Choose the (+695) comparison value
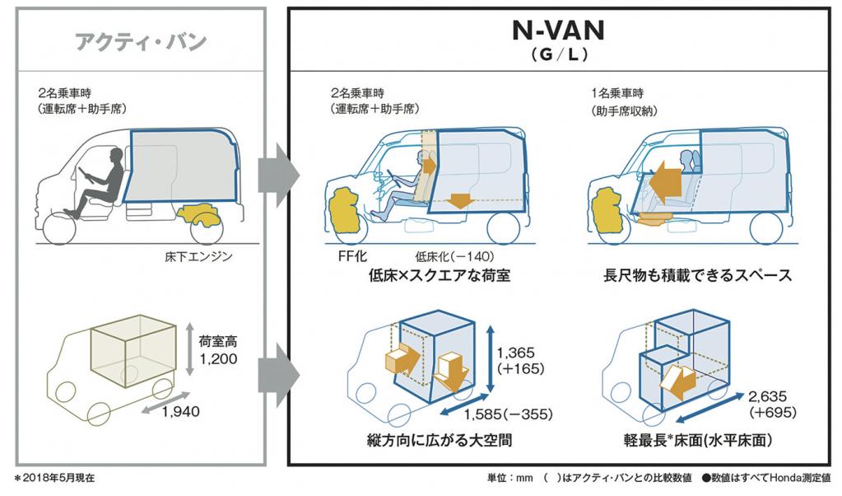[771, 410]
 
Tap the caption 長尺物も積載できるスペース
[697, 276]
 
